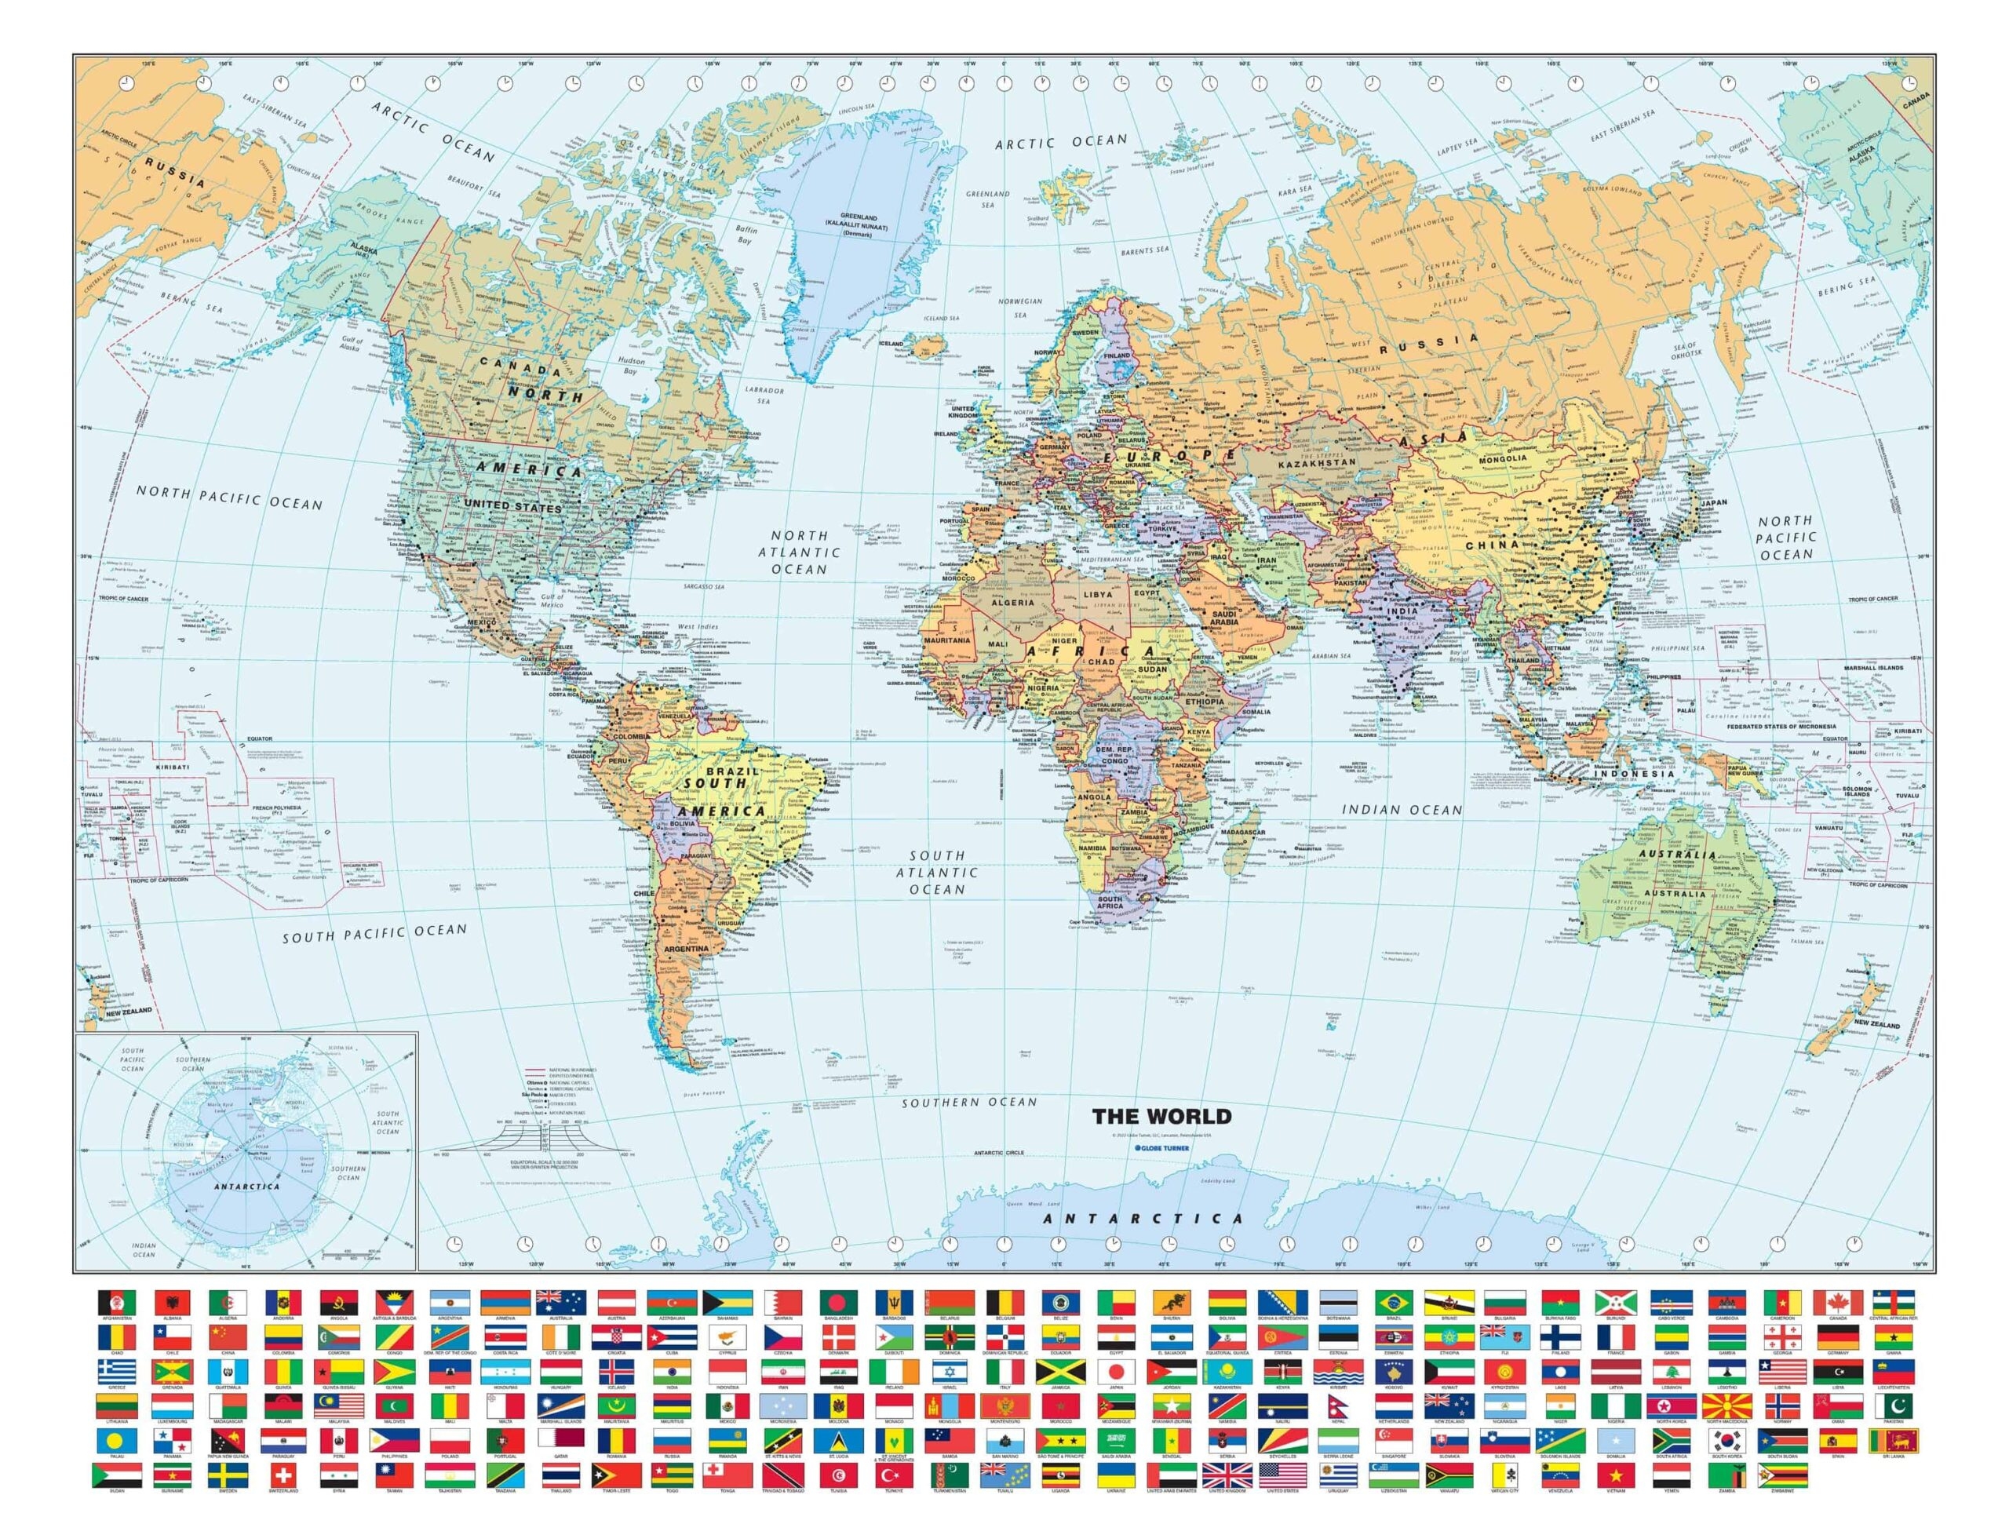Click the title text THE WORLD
coord(1162,1116)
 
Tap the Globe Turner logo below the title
coord(1160,1147)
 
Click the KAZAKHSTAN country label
coord(1317,463)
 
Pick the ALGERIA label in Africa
coord(1013,602)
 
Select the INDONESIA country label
coord(1635,774)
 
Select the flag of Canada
coord(1837,1301)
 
